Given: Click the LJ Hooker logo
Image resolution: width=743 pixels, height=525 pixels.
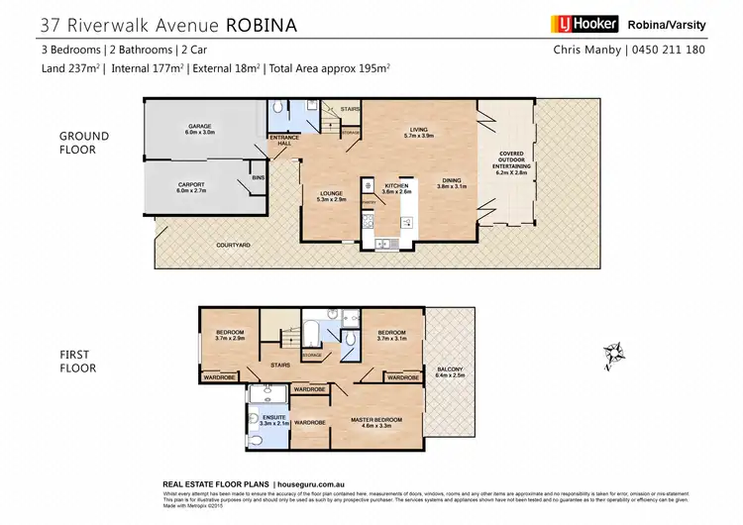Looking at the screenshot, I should point(584,24).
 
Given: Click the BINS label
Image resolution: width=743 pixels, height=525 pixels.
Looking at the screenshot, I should point(259,177).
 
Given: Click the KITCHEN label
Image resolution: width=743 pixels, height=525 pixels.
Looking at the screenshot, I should point(396,186).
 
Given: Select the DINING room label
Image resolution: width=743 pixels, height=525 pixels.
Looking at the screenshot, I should point(451,182).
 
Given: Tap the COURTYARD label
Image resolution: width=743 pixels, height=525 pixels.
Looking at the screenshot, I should point(235,244).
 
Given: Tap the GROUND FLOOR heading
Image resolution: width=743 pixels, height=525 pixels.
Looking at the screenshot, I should point(84,143).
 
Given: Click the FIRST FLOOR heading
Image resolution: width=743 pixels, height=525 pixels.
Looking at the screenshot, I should point(77,362).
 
